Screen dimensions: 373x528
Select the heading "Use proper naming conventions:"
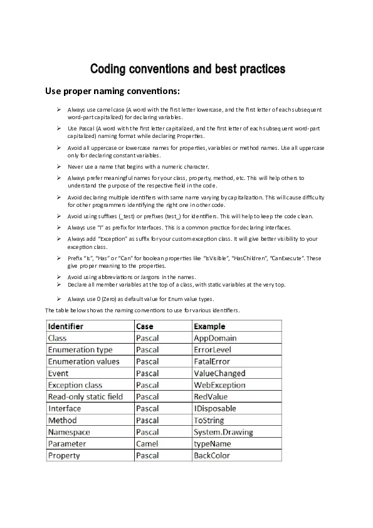(x=113, y=92)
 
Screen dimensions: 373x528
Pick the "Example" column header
(x=209, y=326)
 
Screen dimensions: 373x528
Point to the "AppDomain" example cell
(x=215, y=338)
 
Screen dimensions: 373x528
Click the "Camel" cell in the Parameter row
(x=147, y=443)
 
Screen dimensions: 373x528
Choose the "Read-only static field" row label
(x=85, y=396)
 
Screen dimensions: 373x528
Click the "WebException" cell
(x=219, y=385)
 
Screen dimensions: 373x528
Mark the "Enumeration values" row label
(x=83, y=361)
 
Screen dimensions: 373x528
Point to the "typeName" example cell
(x=213, y=443)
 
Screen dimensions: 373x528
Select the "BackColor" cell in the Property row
(x=211, y=455)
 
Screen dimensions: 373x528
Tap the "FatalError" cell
(x=212, y=361)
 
